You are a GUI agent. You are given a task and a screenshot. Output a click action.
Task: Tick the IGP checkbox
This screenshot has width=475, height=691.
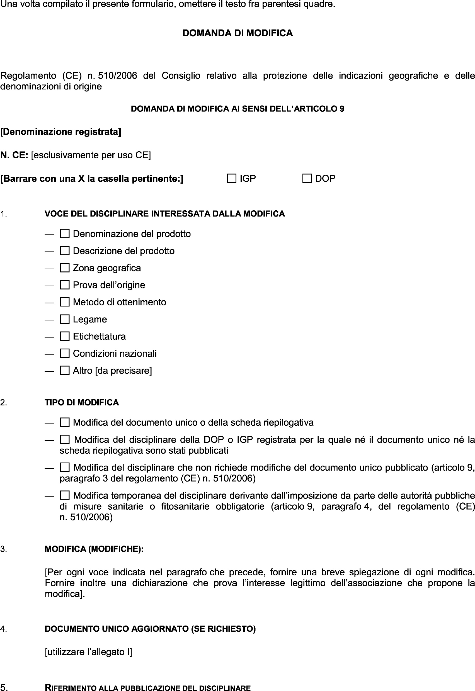click(x=232, y=179)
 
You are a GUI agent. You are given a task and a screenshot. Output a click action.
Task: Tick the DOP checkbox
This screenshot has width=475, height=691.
click(x=307, y=179)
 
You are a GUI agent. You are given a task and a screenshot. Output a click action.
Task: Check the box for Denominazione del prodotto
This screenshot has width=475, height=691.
click(x=65, y=234)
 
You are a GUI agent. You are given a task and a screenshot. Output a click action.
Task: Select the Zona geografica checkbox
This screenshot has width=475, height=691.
click(x=65, y=268)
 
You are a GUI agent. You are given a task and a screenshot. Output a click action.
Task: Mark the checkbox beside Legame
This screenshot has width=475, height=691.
click(x=65, y=319)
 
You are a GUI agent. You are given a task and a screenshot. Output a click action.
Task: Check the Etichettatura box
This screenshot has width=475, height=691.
click(x=65, y=336)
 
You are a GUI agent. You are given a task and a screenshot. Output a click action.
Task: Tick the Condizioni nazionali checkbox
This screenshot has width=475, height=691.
click(x=65, y=353)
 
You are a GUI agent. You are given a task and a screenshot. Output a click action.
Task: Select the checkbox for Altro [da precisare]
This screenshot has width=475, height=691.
click(x=65, y=371)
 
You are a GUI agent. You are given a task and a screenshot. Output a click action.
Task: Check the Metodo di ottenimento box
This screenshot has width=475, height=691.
click(x=65, y=302)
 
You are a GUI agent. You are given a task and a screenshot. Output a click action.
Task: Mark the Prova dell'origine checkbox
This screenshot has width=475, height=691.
click(x=65, y=285)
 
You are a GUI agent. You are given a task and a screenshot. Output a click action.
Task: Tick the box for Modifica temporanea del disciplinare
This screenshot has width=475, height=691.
click(x=65, y=495)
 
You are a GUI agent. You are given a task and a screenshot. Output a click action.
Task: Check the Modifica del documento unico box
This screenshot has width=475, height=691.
click(x=65, y=422)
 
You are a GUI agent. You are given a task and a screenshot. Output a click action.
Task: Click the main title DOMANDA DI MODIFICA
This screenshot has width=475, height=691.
click(x=237, y=33)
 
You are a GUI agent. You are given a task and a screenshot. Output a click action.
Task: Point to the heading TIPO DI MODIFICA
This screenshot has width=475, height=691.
click(x=82, y=402)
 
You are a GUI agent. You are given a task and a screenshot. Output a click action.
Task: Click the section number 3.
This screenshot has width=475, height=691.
click(x=4, y=549)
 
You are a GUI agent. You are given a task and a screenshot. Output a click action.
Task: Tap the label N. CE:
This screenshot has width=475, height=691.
click(x=14, y=155)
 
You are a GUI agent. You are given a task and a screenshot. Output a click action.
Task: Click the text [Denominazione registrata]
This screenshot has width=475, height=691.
click(x=61, y=132)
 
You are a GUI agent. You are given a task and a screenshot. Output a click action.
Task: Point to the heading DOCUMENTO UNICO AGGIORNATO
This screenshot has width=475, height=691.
click(x=150, y=629)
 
